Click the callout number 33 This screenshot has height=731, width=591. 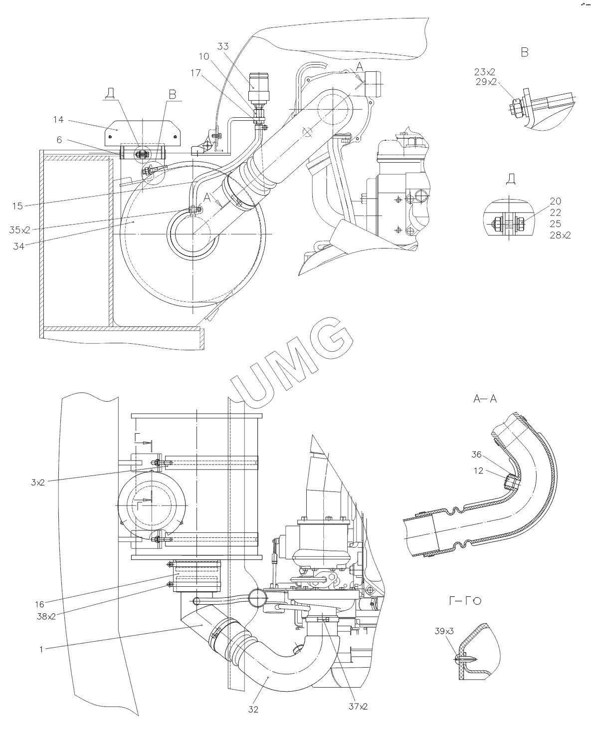click(223, 46)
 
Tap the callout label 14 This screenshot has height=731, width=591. click(58, 119)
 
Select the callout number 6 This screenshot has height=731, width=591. click(59, 140)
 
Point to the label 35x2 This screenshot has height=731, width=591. click(20, 230)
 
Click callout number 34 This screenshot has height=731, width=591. click(18, 246)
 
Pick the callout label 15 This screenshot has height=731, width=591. click(17, 206)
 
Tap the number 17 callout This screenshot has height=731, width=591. click(196, 73)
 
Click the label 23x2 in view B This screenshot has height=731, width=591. click(485, 72)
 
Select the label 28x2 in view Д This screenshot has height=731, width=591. click(560, 235)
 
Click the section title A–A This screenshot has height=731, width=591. click(485, 399)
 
